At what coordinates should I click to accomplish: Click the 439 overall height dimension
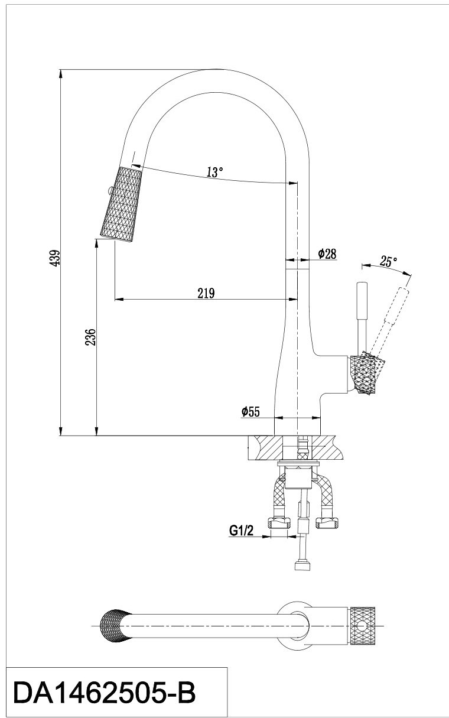(54, 258)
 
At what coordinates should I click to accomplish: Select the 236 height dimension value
(90, 338)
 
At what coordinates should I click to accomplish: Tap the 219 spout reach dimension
(205, 293)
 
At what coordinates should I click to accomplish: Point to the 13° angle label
(215, 173)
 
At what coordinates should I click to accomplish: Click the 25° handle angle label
(388, 262)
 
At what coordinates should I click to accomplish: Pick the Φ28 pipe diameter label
(327, 254)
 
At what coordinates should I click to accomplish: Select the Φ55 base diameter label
(250, 412)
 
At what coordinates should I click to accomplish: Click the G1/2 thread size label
(242, 531)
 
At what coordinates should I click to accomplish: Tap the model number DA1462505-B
(104, 692)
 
